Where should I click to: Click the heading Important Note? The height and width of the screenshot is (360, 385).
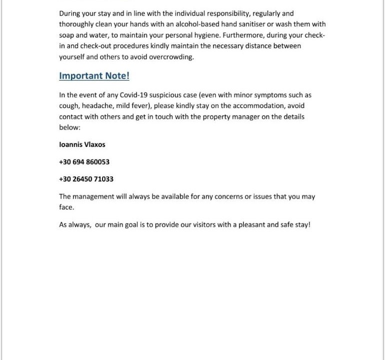point(94,76)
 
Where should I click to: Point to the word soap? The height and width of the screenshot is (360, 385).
point(66,35)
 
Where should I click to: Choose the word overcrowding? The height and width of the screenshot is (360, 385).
point(172,56)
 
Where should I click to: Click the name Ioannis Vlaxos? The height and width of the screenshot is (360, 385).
point(82,144)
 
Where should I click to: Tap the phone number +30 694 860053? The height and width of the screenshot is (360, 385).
point(84,162)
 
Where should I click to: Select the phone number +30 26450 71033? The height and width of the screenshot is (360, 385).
point(86,179)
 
